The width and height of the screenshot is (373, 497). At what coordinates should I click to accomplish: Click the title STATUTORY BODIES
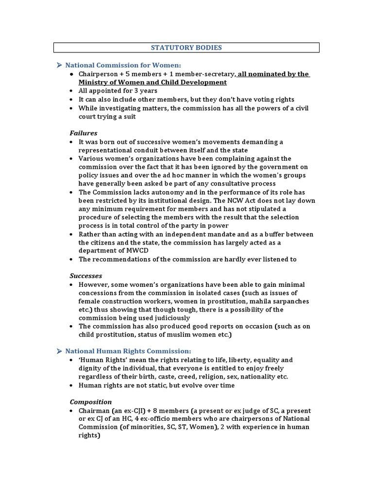[186, 48]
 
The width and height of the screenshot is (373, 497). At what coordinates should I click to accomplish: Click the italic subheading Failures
[84, 133]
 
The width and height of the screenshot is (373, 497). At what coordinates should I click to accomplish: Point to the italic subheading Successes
[86, 276]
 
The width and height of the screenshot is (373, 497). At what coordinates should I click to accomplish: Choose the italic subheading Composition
[91, 402]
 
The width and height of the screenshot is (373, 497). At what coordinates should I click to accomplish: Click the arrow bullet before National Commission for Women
[58, 65]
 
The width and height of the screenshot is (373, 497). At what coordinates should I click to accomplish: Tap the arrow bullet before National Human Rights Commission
[58, 351]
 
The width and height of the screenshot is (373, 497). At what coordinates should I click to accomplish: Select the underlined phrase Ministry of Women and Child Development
[146, 83]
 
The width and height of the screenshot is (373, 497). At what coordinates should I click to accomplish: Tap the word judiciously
[170, 318]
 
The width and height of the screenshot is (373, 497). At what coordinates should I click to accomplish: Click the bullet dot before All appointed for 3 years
[71, 91]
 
